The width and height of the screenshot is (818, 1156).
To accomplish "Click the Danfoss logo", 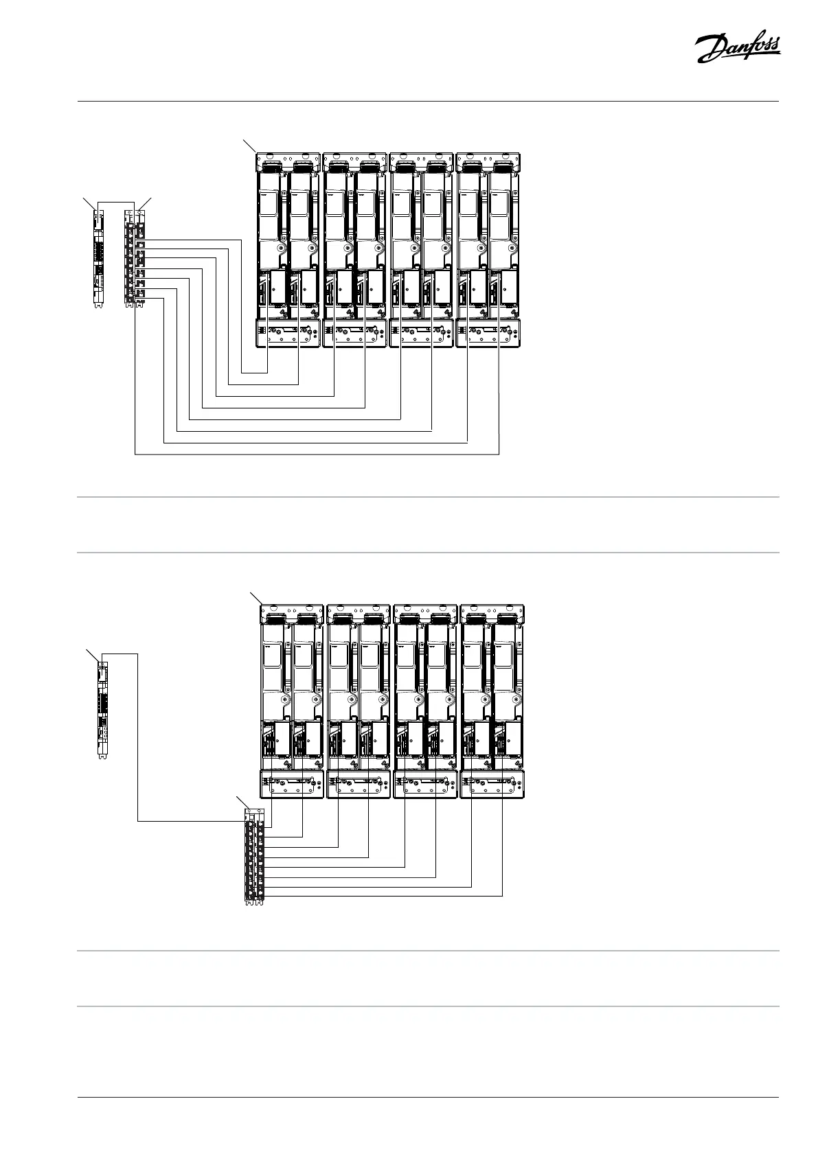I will tap(737, 50).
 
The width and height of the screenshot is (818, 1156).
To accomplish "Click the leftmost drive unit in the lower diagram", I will tap(292, 700).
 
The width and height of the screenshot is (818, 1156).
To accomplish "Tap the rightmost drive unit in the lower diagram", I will tap(493, 700).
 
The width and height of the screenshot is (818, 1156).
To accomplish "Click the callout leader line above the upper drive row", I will tap(250, 146).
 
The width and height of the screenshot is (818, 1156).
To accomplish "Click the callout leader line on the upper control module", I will tap(88, 201).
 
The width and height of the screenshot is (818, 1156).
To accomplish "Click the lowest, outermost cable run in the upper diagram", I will tap(316, 454).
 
